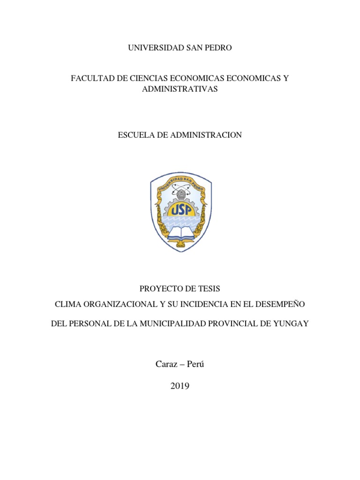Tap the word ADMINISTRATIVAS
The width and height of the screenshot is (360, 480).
pos(180,89)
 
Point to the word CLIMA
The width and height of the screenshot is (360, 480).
pos(67,304)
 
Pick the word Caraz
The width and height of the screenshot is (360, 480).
pos(165,364)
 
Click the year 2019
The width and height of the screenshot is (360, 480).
pos(180,386)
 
